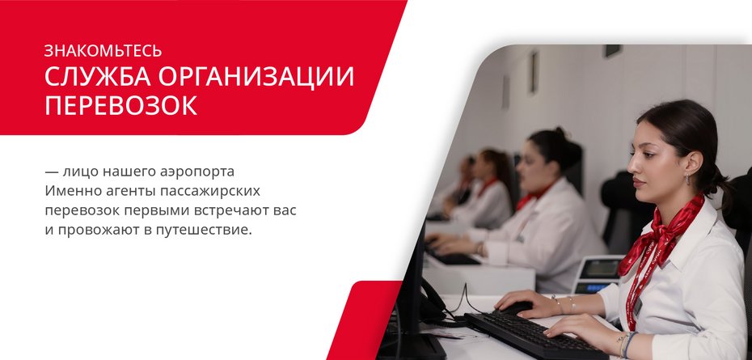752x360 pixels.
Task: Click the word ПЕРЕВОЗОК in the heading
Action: (120, 106)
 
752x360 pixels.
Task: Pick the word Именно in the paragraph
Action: (72, 191)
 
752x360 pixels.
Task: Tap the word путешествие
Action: (205, 230)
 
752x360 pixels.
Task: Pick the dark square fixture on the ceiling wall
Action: (612, 50)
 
